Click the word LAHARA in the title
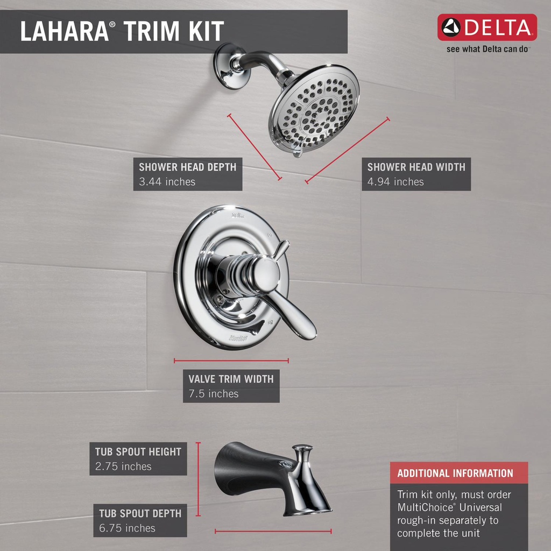click(65, 31)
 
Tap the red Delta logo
click(487, 27)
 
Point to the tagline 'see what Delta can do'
click(488, 49)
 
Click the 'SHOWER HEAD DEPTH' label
click(188, 167)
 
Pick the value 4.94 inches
click(395, 182)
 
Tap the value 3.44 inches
click(167, 182)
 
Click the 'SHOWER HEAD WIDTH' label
click(416, 167)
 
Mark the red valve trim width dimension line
click(231, 361)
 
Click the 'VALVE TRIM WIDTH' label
click(231, 379)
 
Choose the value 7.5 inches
click(214, 393)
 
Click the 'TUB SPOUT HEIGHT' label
click(138, 451)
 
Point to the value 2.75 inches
click(123, 467)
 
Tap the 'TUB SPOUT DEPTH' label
click(140, 513)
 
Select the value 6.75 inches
click(127, 528)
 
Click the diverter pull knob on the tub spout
click(302, 449)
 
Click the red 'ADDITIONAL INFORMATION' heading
click(455, 474)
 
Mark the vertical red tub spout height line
click(198, 479)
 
